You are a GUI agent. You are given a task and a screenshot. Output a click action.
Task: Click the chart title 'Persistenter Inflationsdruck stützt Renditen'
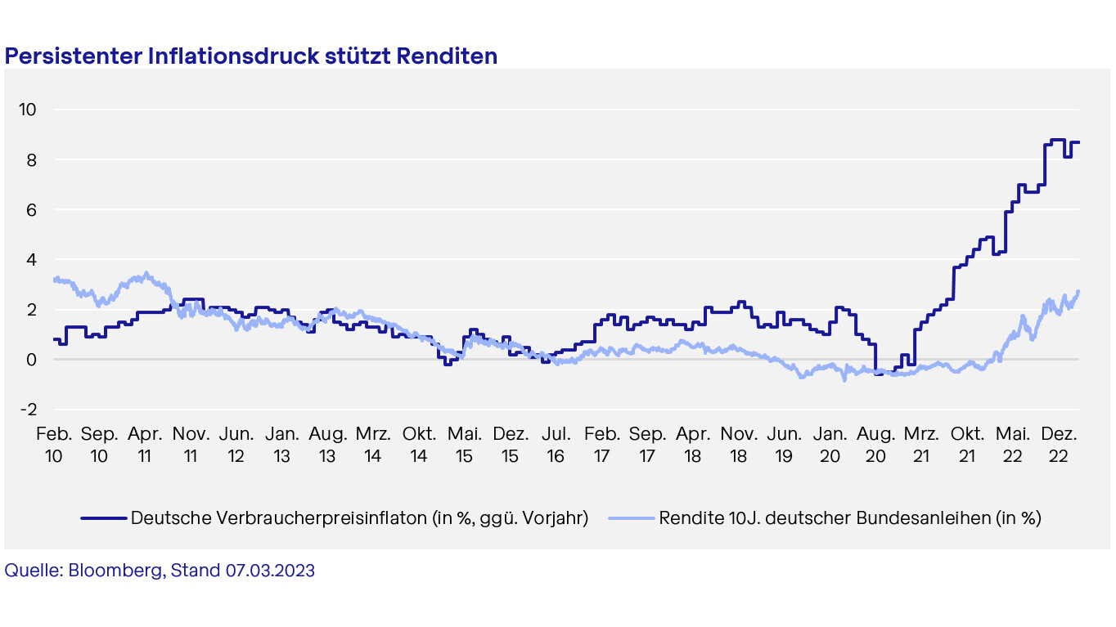tap(251, 56)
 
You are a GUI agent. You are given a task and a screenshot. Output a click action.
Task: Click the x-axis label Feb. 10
tap(54, 442)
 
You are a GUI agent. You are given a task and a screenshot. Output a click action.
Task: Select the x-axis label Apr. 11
tap(145, 442)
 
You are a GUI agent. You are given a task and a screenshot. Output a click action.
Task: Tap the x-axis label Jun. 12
tap(236, 442)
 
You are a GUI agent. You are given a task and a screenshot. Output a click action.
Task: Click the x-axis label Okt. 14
tap(419, 442)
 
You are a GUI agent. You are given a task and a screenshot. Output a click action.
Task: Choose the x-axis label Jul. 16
tap(556, 442)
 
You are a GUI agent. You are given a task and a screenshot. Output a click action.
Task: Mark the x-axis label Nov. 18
tap(739, 442)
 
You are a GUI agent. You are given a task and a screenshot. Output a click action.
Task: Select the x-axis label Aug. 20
tap(875, 442)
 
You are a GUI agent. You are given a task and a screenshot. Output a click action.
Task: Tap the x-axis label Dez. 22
tap(1059, 442)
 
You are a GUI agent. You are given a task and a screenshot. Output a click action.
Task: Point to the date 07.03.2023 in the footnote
tap(269, 571)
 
